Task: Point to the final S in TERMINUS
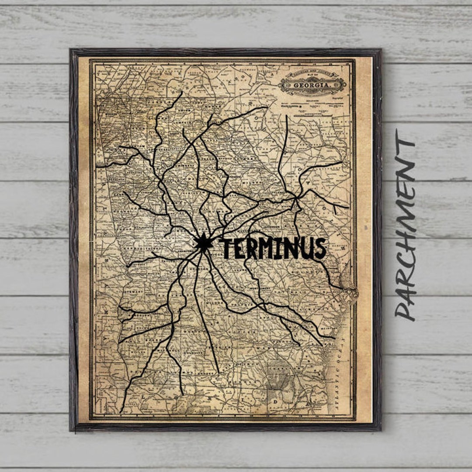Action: point(320,248)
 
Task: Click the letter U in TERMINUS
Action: point(307,249)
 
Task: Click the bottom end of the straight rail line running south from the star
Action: point(218,373)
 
